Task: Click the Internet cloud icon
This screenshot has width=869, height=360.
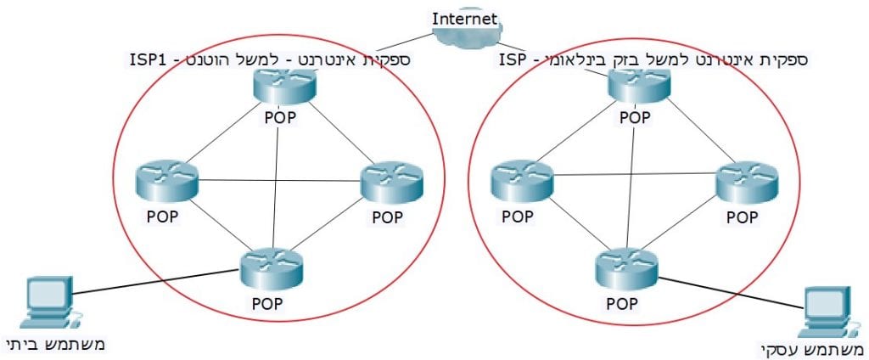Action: tap(465, 37)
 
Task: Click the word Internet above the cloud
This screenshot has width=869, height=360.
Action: tap(465, 18)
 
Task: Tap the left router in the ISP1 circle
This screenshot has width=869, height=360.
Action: tap(166, 180)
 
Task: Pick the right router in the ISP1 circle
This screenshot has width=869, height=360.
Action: tap(391, 180)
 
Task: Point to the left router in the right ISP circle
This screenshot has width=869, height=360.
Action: tap(522, 178)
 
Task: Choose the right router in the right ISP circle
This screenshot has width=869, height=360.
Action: tap(747, 178)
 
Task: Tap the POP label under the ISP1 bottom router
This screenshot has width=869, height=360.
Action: tap(268, 302)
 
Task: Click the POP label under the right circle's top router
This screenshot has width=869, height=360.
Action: tap(635, 117)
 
